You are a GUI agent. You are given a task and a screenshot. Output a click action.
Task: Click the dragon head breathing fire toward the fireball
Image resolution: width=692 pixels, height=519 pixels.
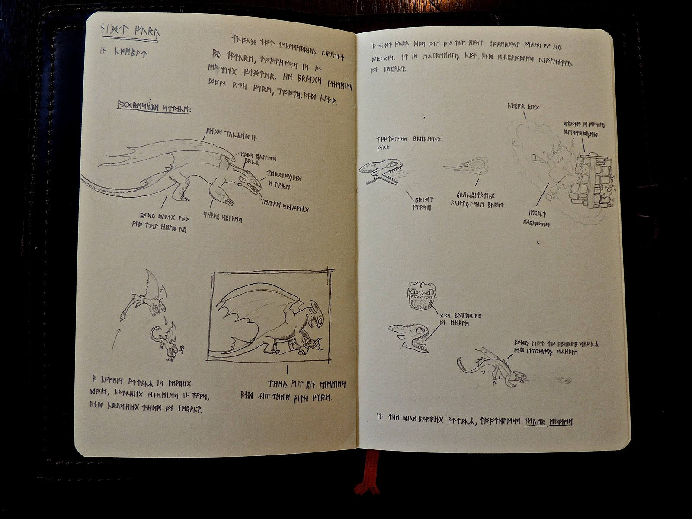point(383,171)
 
